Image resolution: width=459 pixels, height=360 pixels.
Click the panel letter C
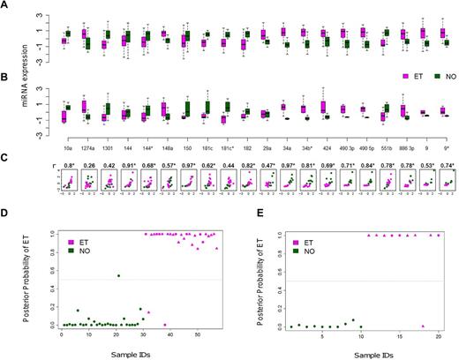point(6,157)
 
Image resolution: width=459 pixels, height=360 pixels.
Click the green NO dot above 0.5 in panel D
point(118,275)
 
